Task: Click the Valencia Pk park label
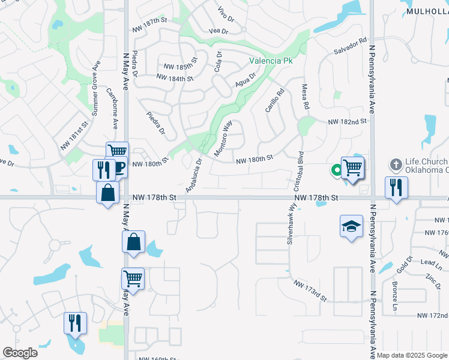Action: click(x=271, y=61)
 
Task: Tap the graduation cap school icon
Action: click(x=351, y=226)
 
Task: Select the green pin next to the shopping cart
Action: click(x=337, y=170)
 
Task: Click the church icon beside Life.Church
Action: click(x=396, y=164)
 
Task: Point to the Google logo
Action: click(x=20, y=352)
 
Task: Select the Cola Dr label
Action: click(x=218, y=61)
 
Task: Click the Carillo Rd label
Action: click(x=274, y=101)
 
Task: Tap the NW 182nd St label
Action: click(x=347, y=122)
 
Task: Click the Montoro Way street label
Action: click(x=223, y=139)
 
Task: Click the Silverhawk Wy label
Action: click(x=292, y=223)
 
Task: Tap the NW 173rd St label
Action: click(x=310, y=290)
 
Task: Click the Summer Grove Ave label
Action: click(x=94, y=95)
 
